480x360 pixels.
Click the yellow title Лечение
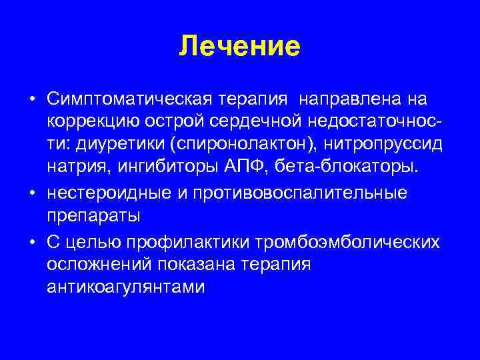click(240, 47)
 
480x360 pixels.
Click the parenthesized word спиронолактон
click(244, 144)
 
